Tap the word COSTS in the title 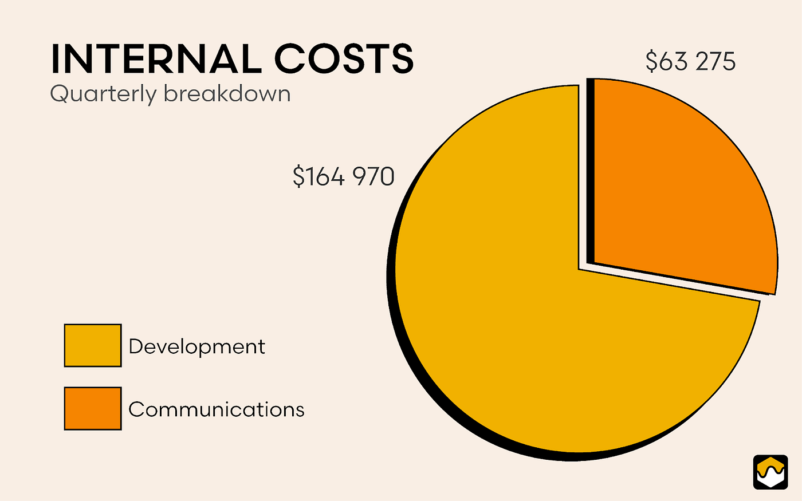click(343, 58)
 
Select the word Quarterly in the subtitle click(103, 94)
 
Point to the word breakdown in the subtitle click(227, 93)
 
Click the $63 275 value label click(690, 61)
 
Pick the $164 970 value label click(343, 176)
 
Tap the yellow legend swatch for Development click(93, 345)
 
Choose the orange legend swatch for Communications click(93, 408)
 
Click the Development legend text click(196, 347)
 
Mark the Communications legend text click(216, 409)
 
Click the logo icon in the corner click(770, 472)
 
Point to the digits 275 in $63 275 click(714, 61)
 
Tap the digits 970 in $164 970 click(373, 176)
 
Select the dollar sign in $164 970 click(298, 176)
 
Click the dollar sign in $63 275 click(652, 61)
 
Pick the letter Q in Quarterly click(59, 94)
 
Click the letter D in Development click(136, 346)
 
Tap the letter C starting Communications click(136, 409)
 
